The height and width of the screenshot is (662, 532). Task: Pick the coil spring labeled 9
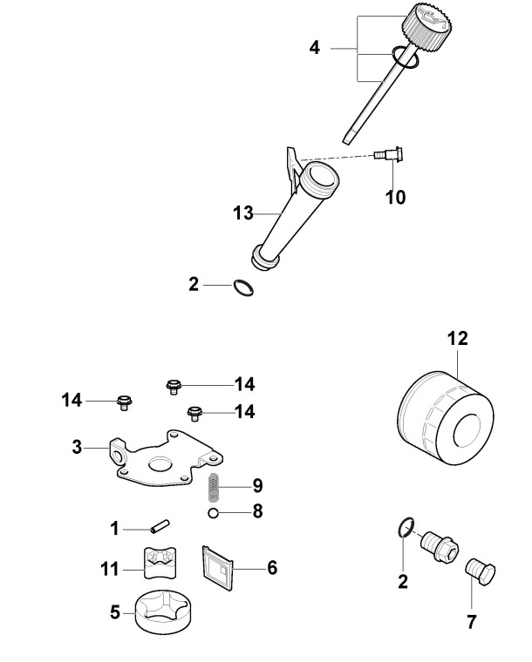click(x=214, y=483)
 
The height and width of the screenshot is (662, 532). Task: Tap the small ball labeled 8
click(x=212, y=512)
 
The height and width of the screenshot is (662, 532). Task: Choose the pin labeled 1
click(x=160, y=527)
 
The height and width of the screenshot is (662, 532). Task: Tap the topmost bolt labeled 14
click(x=173, y=383)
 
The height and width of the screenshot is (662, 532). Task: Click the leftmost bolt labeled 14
click(x=125, y=402)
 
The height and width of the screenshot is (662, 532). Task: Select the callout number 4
click(x=314, y=46)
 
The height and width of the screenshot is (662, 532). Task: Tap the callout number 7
click(x=472, y=623)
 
